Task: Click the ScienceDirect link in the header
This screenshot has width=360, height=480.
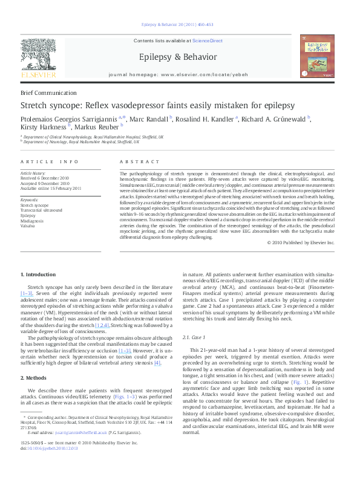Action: click(x=208, y=41)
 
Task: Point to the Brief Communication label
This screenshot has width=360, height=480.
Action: click(x=48, y=92)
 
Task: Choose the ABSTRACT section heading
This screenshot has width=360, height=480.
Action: click(x=140, y=162)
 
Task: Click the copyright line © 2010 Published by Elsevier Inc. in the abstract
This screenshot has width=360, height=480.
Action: click(x=300, y=242)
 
